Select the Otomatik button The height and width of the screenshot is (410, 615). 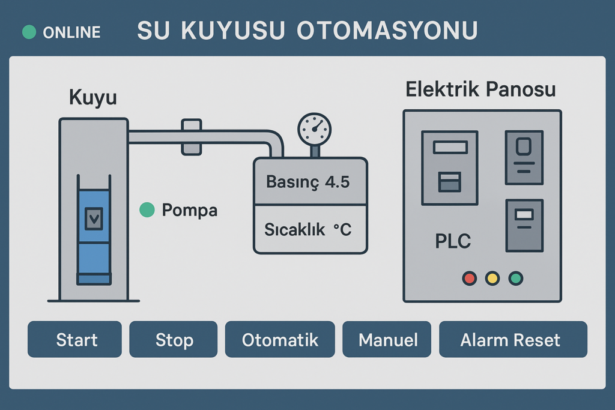[280, 340]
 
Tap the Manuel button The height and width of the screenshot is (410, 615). [387, 340]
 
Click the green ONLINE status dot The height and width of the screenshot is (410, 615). [29, 32]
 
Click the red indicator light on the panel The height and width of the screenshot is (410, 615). [469, 279]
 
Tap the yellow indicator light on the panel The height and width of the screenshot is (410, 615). [492, 279]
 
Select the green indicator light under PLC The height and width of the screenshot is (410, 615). [516, 279]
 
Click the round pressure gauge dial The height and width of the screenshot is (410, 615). [314, 129]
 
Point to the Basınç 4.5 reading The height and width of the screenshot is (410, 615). [307, 182]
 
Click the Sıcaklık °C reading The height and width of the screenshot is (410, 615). [307, 229]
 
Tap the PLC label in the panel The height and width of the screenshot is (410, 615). [453, 241]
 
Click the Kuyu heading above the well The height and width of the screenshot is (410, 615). [92, 97]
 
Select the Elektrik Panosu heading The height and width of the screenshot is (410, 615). [480, 90]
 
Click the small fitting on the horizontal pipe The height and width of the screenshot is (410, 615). [191, 137]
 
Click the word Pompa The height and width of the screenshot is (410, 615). [190, 211]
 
